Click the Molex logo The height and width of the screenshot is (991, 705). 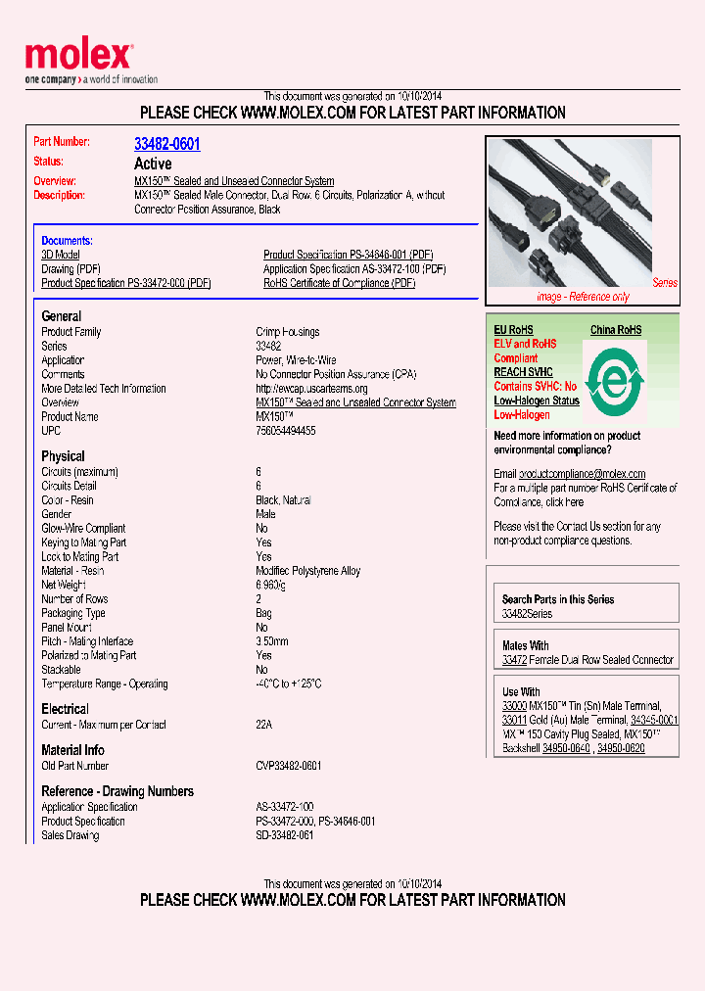(78, 57)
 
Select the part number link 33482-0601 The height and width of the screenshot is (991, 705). (166, 144)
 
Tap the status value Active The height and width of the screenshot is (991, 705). (153, 164)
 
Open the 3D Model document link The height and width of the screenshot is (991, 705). (60, 255)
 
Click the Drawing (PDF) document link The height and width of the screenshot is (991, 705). (70, 269)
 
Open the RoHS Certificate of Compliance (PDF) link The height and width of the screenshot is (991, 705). (339, 283)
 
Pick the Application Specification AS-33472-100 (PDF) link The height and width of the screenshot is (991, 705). (354, 269)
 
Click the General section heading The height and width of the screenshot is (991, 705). (62, 316)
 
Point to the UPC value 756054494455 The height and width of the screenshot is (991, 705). (286, 431)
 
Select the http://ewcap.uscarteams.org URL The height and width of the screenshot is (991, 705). (311, 389)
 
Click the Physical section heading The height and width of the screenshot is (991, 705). (63, 456)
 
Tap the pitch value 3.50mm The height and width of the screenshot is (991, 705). (272, 641)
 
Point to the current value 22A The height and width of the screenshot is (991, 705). (264, 725)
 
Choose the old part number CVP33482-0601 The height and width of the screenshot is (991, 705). (289, 766)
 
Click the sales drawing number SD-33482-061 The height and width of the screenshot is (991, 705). (285, 835)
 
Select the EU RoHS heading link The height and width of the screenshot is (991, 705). (514, 330)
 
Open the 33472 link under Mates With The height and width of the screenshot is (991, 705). (514, 660)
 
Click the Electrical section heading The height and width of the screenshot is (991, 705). (65, 709)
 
